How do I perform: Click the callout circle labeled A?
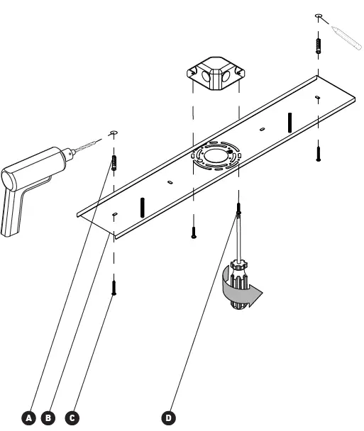tap(28, 418)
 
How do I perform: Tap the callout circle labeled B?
tap(49, 418)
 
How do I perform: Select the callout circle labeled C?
tap(72, 418)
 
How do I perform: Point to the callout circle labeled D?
tap(168, 418)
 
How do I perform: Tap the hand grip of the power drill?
tap(13, 212)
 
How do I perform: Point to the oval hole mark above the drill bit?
tap(113, 132)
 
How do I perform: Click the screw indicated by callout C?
tap(114, 288)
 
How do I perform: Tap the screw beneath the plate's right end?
tap(319, 151)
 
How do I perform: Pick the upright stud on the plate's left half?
tap(143, 207)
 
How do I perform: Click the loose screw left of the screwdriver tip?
tap(193, 232)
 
